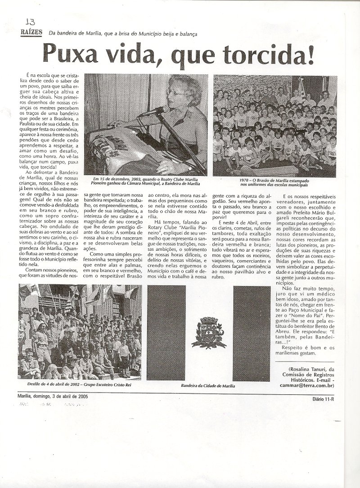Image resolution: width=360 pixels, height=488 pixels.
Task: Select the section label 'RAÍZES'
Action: pyautogui.click(x=31, y=32)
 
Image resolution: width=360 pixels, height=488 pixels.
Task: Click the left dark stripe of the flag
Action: pyautogui.click(x=166, y=333)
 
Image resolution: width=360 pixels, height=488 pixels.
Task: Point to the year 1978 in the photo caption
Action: pyautogui.click(x=245, y=180)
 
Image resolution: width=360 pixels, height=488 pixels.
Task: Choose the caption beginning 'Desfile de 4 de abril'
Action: pyautogui.click(x=80, y=386)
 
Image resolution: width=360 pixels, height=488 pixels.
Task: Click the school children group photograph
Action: pyautogui.click(x=274, y=125)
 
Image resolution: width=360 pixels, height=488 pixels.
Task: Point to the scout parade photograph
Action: pyautogui.click(x=80, y=333)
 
